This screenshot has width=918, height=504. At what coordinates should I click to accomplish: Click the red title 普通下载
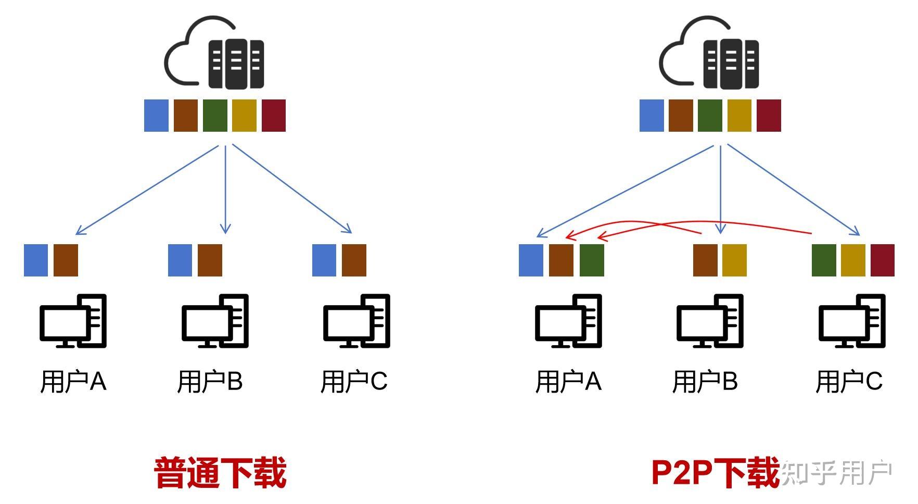coord(220,473)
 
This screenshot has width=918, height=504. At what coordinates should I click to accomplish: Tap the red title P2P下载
coord(716,473)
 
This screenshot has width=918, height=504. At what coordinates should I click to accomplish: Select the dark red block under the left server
coord(274,115)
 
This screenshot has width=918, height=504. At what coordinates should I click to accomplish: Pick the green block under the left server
coord(215,115)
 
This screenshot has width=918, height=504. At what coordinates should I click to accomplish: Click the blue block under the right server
coord(652,115)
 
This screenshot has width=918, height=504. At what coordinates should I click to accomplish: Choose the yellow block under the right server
coord(739,115)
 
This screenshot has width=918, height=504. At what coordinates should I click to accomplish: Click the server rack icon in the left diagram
coord(236,64)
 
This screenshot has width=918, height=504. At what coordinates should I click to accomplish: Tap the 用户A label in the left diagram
coord(73,381)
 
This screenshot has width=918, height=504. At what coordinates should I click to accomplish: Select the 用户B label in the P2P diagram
coord(705,381)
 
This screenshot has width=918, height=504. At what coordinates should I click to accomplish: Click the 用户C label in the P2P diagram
coord(849,381)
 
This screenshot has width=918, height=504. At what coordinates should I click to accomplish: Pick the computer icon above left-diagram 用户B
coord(215,321)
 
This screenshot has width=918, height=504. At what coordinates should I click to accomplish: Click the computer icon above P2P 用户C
coord(852,321)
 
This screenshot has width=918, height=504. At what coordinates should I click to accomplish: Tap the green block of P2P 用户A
coord(592,260)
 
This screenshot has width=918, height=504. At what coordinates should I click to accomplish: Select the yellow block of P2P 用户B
coord(734,260)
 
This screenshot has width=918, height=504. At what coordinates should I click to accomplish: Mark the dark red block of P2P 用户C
coord(883,260)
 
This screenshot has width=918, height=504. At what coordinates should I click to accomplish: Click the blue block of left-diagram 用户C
coord(324,260)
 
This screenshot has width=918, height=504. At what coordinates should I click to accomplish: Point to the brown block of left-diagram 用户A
coord(66,260)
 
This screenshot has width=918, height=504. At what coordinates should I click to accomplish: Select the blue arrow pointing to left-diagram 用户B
coord(225,189)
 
